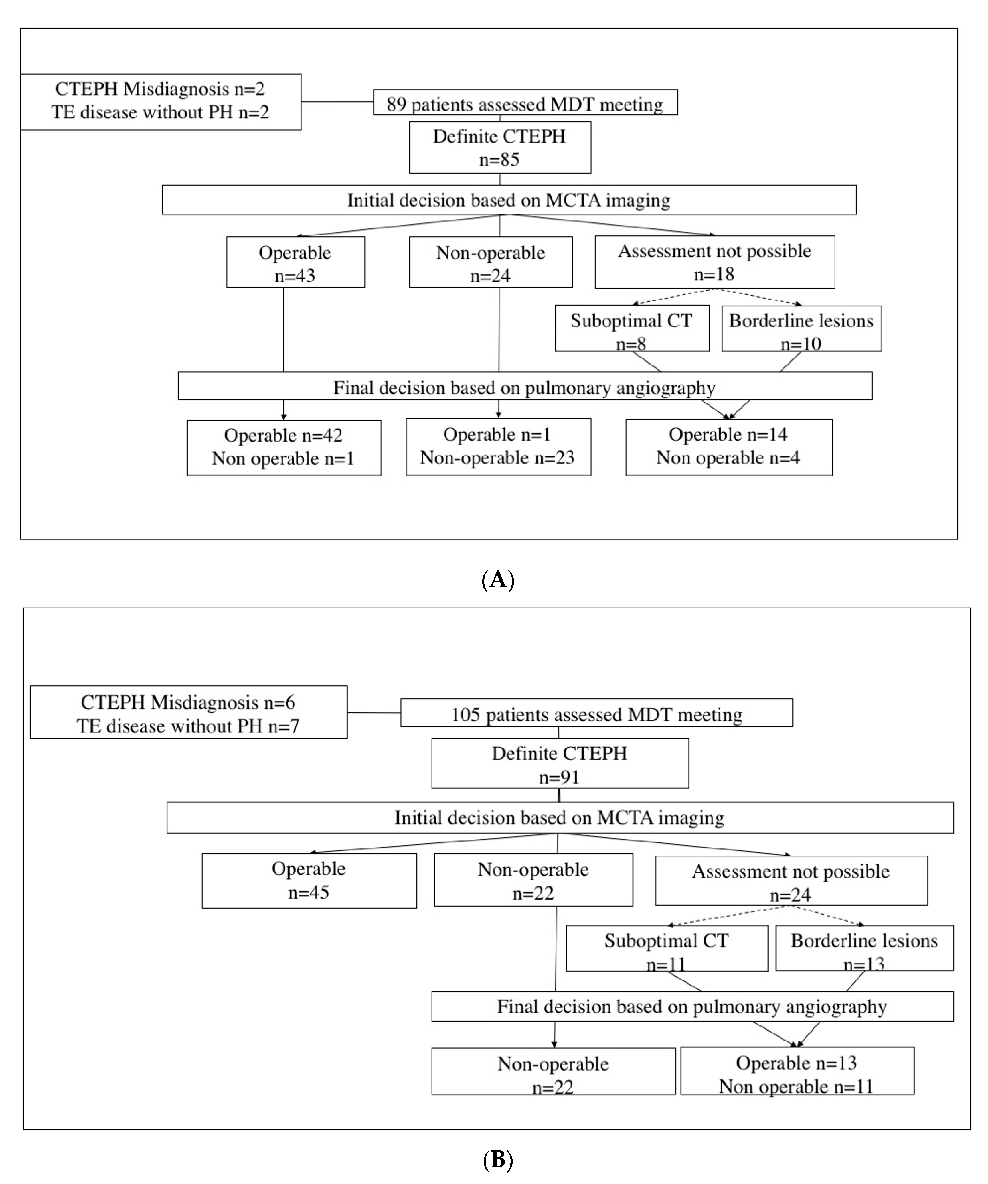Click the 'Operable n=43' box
(x=295, y=263)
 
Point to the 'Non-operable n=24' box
(x=490, y=263)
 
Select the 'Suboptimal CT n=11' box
(x=667, y=949)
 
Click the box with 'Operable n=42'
(x=284, y=448)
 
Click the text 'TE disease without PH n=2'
(x=160, y=112)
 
